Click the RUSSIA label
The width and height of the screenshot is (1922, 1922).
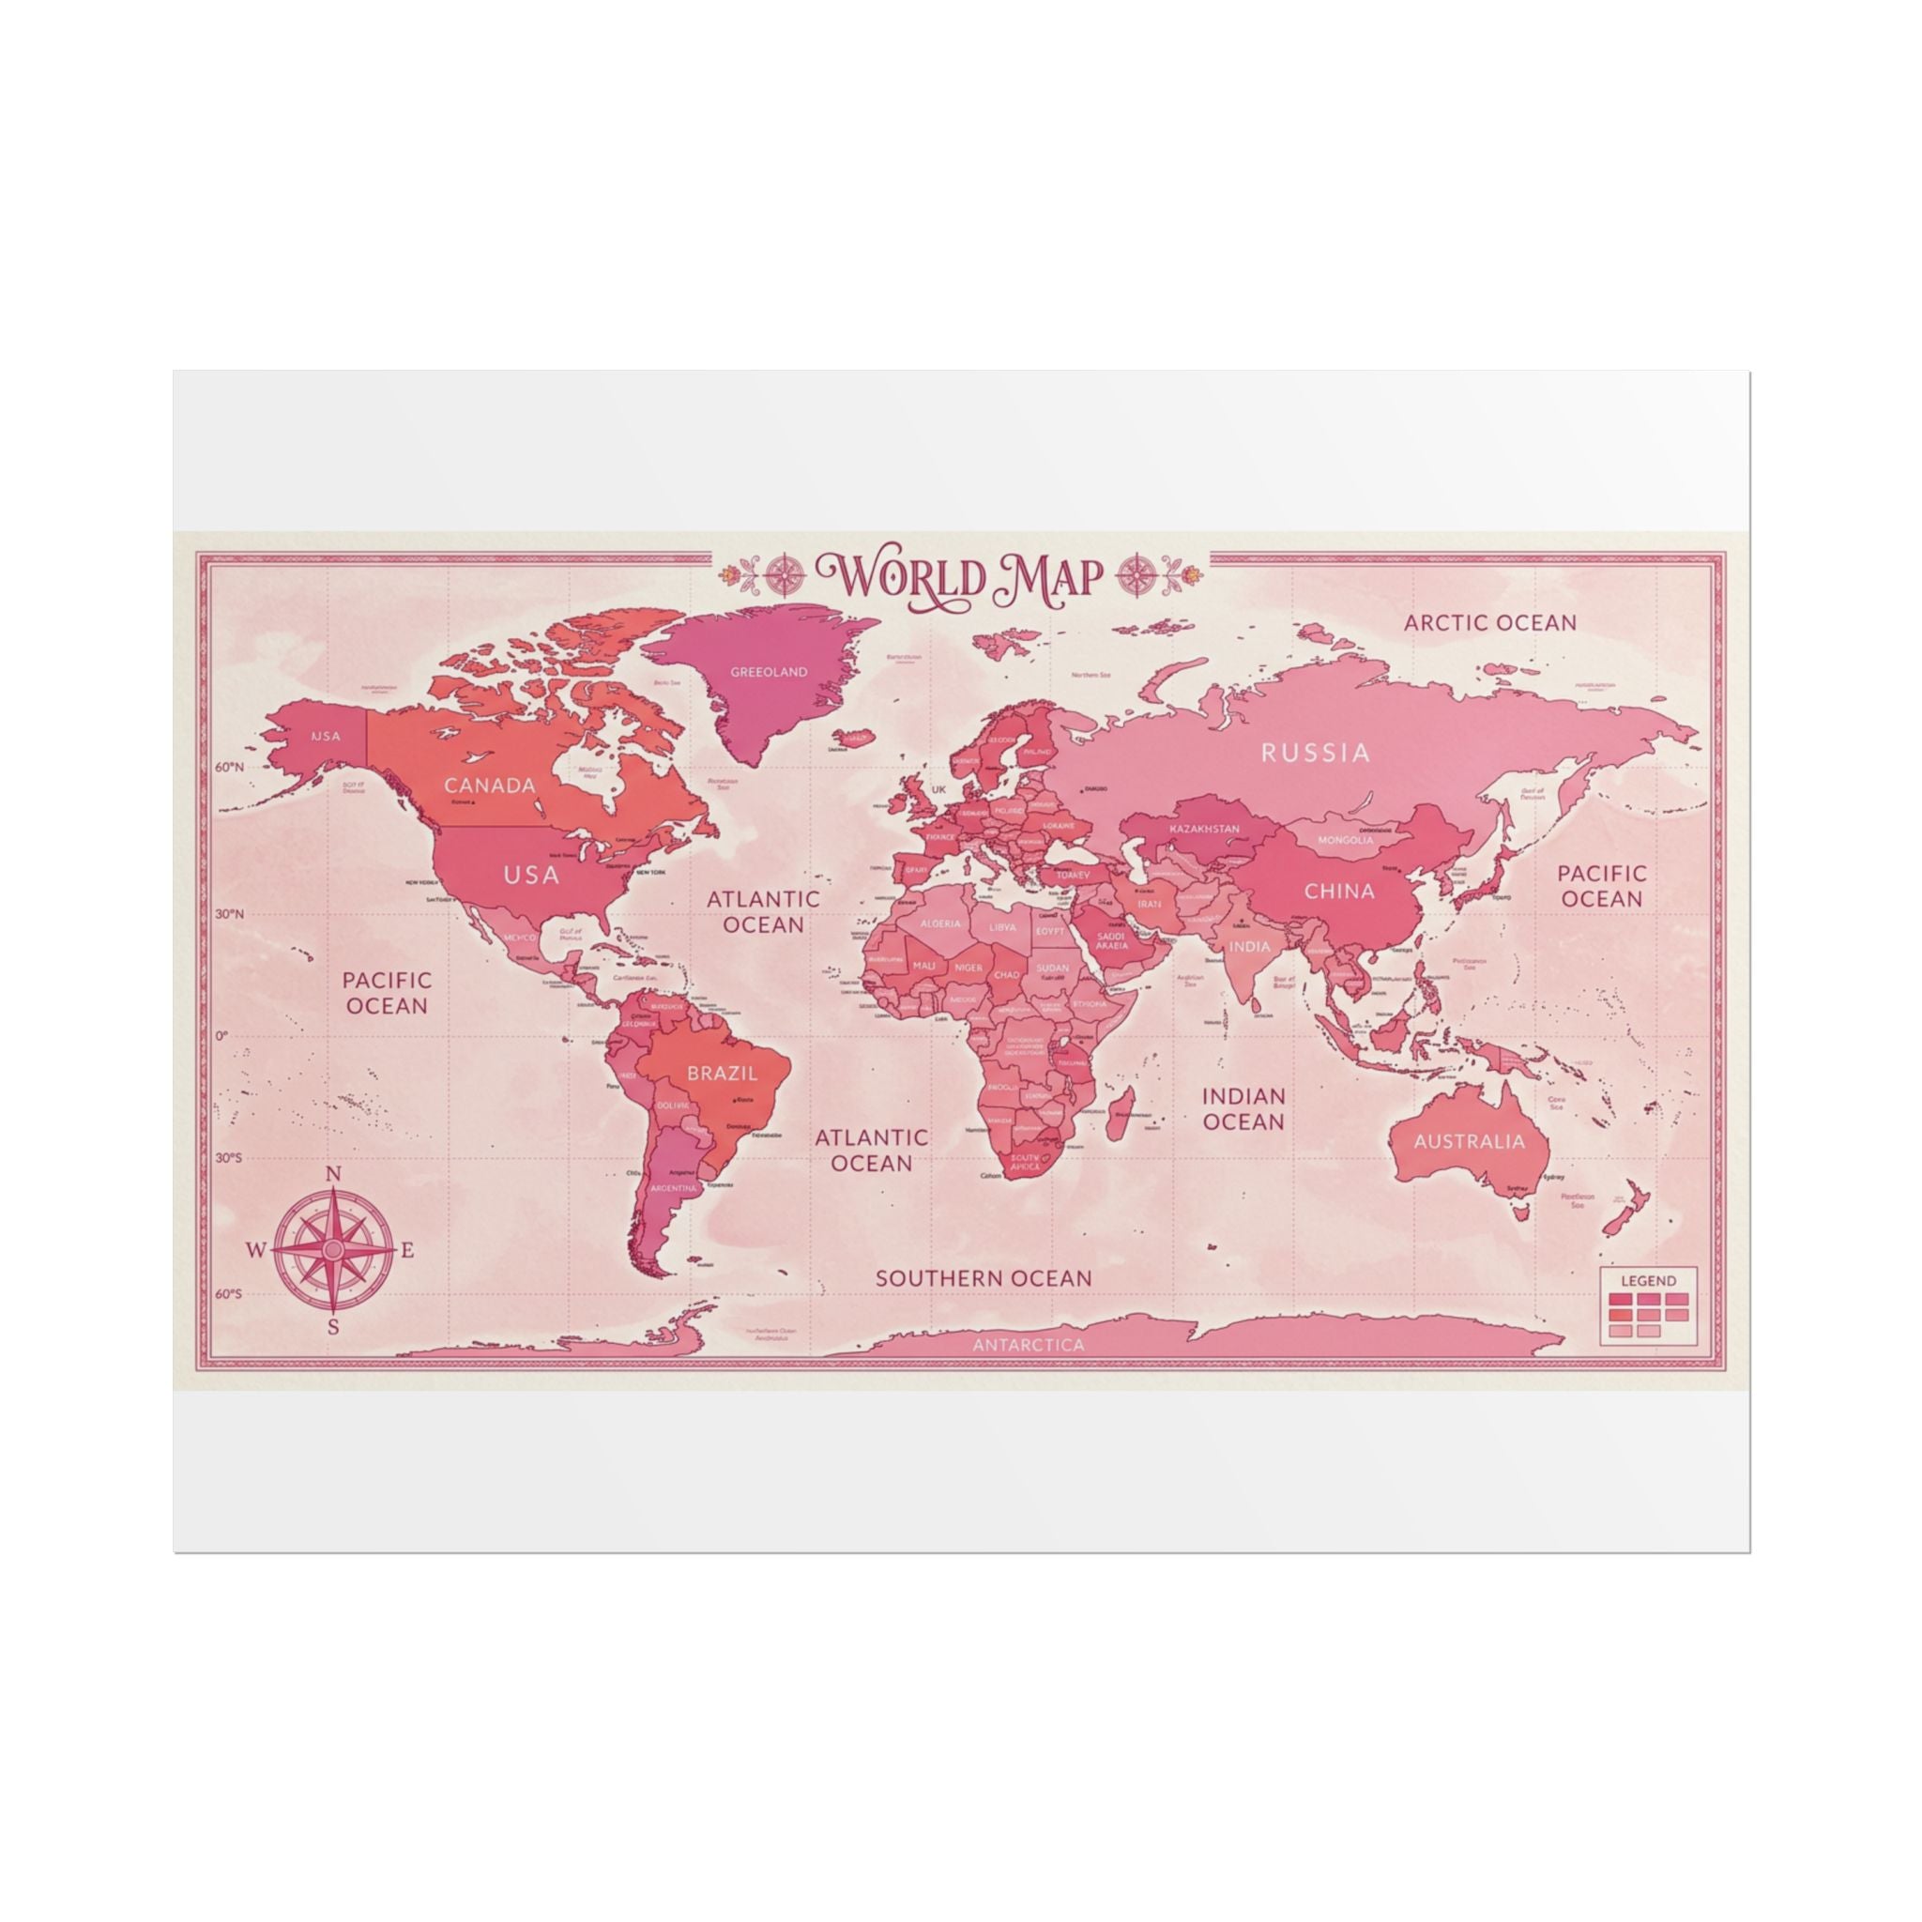pos(1315,752)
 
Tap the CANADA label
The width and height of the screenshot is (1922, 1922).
pos(490,785)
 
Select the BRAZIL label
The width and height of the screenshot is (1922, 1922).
pos(723,1074)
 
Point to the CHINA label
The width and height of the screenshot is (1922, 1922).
pos(1339,891)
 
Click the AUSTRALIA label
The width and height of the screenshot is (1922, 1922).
pos(1469,1141)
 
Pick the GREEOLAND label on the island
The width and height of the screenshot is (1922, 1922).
pos(769,672)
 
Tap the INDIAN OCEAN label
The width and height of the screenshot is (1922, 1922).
pos(1243,1108)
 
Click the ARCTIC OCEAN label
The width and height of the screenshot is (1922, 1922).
pos(1489,623)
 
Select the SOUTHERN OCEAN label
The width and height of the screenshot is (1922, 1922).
pos(983,1278)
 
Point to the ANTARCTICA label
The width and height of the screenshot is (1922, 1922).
pos(1029,1345)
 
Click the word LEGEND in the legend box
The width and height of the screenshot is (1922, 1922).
pos(1648,1280)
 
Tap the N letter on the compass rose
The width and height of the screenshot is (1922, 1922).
pos(334,1175)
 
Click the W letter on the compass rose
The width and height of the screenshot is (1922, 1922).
pos(255,1250)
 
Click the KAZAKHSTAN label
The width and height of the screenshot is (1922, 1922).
pos(1204,829)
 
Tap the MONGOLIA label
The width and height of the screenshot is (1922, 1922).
pos(1345,840)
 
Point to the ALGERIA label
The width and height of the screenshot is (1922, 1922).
pos(940,923)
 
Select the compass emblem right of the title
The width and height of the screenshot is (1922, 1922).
pos(1137,574)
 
